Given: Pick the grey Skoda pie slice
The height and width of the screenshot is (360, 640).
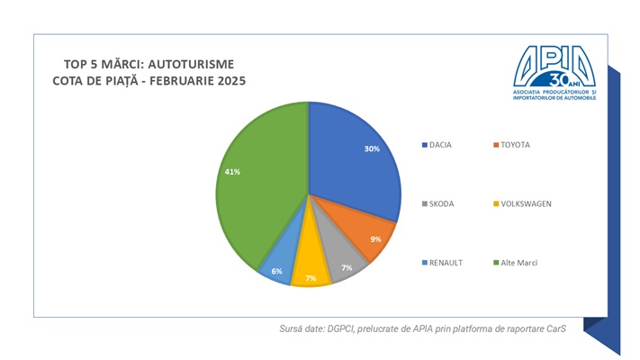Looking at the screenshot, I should tap(342, 262).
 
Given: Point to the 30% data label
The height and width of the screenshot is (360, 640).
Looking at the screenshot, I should tap(372, 149).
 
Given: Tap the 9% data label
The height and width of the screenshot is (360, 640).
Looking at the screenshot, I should tap(375, 239).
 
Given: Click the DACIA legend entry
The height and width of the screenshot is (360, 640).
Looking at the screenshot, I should tap(440, 145).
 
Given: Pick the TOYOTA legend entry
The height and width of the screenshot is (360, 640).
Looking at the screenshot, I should tap(516, 145).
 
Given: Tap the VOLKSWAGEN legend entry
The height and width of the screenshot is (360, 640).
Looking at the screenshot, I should tap(525, 203).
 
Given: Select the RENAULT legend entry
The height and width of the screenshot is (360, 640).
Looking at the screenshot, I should tap(446, 262).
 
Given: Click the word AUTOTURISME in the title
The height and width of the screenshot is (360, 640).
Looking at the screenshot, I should tap(190, 64).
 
